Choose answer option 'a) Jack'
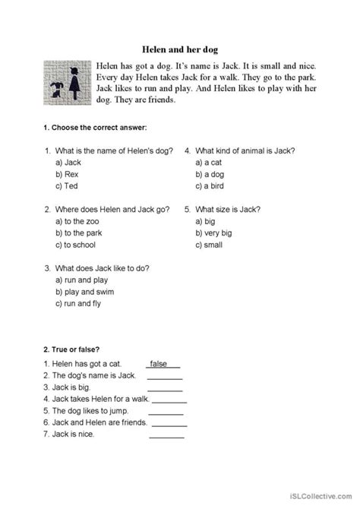click(x=68, y=163)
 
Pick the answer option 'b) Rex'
click(x=67, y=175)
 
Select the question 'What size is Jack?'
click(x=228, y=208)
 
